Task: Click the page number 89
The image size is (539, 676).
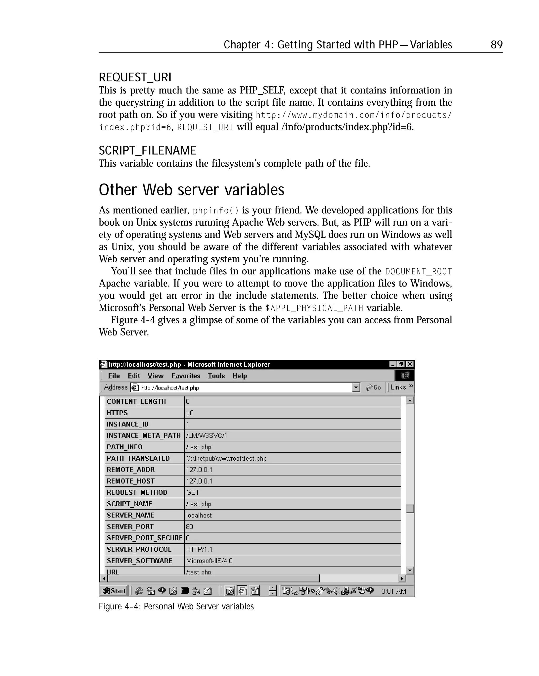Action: [x=496, y=45]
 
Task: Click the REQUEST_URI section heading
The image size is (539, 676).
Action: [x=135, y=77]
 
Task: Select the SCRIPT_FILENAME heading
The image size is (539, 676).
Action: [x=147, y=151]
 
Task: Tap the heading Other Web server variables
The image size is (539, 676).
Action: [x=192, y=190]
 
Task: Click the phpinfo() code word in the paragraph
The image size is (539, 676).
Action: [x=216, y=210]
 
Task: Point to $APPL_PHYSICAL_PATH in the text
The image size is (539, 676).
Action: [x=314, y=308]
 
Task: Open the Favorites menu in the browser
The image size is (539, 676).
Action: [x=186, y=376]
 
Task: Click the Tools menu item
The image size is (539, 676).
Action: [x=216, y=376]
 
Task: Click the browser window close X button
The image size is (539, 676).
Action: [x=410, y=364]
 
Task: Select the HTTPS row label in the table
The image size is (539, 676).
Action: [x=117, y=413]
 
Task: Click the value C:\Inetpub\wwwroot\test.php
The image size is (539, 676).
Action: [x=226, y=458]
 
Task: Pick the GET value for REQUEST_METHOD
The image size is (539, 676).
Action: [x=192, y=492]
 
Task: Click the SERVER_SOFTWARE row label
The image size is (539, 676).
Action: [x=139, y=561]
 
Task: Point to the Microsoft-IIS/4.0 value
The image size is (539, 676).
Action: [x=209, y=561]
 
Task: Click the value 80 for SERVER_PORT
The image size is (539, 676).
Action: [x=189, y=526]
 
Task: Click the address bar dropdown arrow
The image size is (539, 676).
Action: [x=356, y=388]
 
